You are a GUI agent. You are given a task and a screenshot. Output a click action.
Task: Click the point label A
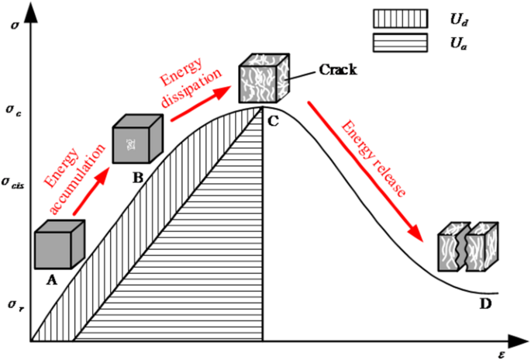coord(52,281)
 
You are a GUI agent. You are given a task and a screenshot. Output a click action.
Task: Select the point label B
coord(138,177)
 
